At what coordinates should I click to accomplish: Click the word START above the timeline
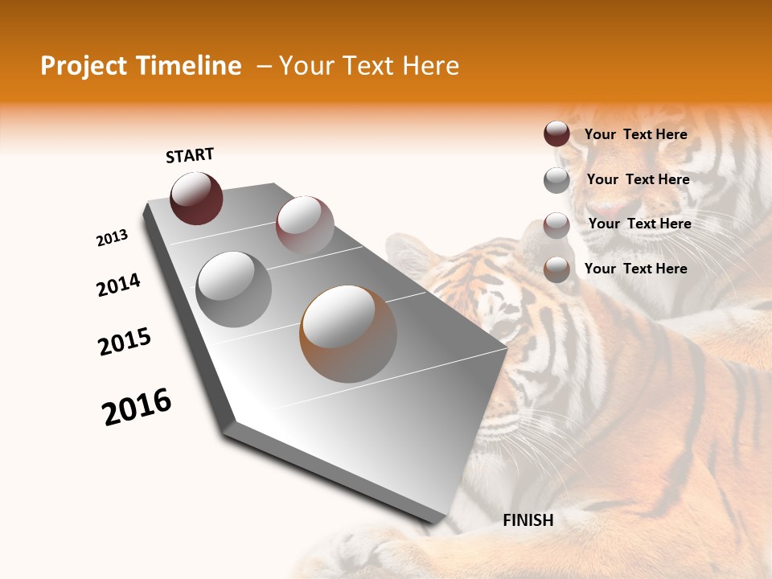[190, 155]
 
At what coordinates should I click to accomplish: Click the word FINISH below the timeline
[528, 520]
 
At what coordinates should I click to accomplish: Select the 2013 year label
[113, 238]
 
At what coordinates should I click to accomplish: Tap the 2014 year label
[118, 285]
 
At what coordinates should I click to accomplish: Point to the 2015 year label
[125, 342]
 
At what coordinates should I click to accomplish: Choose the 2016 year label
[137, 406]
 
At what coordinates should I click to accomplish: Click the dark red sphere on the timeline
[196, 199]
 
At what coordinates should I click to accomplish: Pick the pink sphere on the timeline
[305, 224]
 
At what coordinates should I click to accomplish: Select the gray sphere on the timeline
[234, 289]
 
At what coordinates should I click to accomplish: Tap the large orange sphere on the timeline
[348, 333]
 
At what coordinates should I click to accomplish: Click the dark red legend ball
[556, 134]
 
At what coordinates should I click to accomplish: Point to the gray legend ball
[556, 180]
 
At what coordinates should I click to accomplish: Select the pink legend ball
[556, 225]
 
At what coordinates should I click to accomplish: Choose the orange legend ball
[556, 269]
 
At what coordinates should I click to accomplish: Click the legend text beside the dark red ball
[635, 134]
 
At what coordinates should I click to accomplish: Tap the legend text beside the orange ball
[635, 269]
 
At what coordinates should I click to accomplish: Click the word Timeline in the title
[190, 66]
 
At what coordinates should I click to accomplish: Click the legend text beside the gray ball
[638, 179]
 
